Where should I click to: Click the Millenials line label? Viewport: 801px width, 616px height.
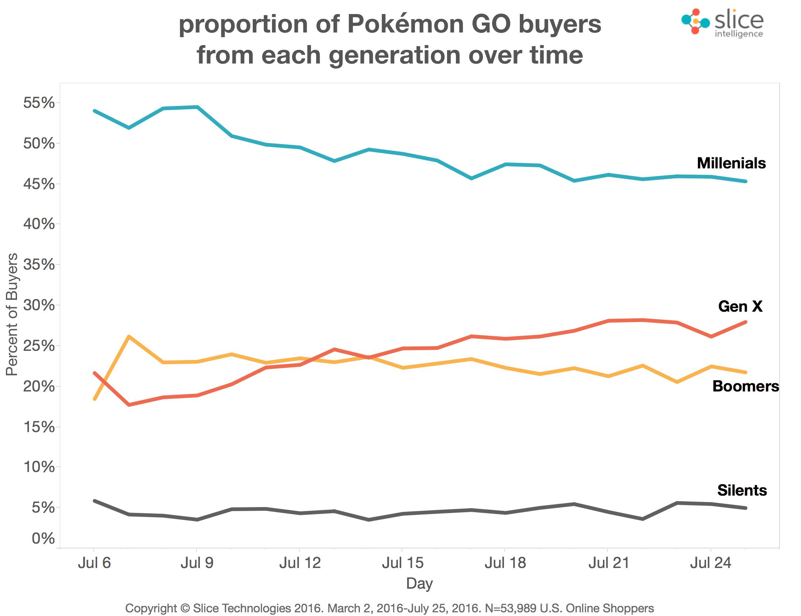pyautogui.click(x=731, y=163)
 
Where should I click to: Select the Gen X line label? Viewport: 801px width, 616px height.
pyautogui.click(x=740, y=306)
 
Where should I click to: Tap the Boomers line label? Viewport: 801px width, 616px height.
pyautogui.click(x=745, y=386)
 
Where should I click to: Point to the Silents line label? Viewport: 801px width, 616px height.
pyautogui.click(x=742, y=490)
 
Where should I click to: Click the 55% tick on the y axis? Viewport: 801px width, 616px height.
pyautogui.click(x=39, y=103)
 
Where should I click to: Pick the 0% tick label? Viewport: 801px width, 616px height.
pyautogui.click(x=43, y=539)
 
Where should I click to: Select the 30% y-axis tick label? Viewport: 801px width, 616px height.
pyautogui.click(x=39, y=305)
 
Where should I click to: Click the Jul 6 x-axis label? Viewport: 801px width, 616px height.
pyautogui.click(x=94, y=563)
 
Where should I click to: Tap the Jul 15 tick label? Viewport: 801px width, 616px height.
pyautogui.click(x=402, y=563)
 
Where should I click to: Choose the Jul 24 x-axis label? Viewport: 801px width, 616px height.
pyautogui.click(x=710, y=563)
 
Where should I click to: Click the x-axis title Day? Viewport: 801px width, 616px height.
pyautogui.click(x=419, y=584)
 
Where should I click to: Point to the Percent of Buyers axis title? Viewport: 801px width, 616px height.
pyautogui.click(x=12, y=314)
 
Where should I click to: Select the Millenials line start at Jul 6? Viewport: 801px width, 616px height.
pyautogui.click(x=95, y=111)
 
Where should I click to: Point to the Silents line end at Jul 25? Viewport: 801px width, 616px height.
pyautogui.click(x=745, y=508)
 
